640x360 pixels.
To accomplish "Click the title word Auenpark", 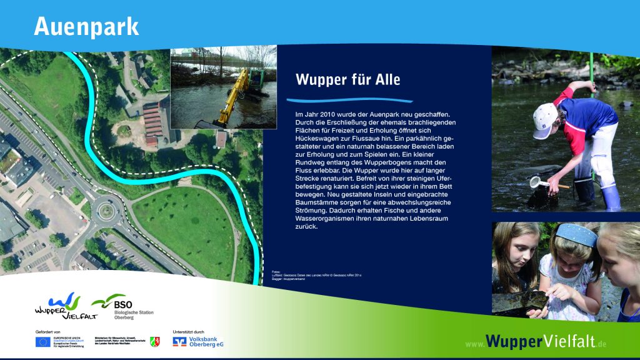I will tap(86, 26).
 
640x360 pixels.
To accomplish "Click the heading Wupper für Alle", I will tap(347, 80).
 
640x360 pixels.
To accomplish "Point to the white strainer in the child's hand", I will tap(537, 182).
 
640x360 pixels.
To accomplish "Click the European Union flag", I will tap(43, 341).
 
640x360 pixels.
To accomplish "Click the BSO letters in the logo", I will tap(123, 304).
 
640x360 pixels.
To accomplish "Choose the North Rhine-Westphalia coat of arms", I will tap(154, 341).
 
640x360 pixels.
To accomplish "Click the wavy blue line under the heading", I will tap(349, 99).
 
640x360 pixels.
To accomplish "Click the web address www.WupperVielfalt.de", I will tap(537, 342).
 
